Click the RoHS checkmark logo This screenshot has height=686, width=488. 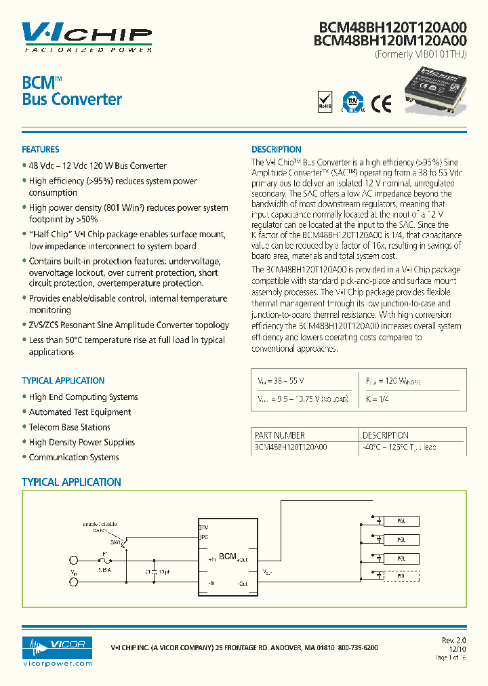point(326,102)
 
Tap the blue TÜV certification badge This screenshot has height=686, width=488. point(351,102)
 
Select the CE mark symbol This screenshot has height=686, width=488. point(381,103)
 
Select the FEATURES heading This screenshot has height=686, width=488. point(41,149)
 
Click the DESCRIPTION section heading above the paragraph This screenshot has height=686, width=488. point(276,149)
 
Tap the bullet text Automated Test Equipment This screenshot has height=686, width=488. point(80,412)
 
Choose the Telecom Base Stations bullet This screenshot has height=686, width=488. point(69,427)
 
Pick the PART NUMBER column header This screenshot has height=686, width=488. point(280,435)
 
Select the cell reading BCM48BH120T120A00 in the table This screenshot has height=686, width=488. point(291,447)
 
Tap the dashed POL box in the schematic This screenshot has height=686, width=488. point(401,576)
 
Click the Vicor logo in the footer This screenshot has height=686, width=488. point(58,644)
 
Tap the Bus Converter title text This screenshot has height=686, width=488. point(72,99)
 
